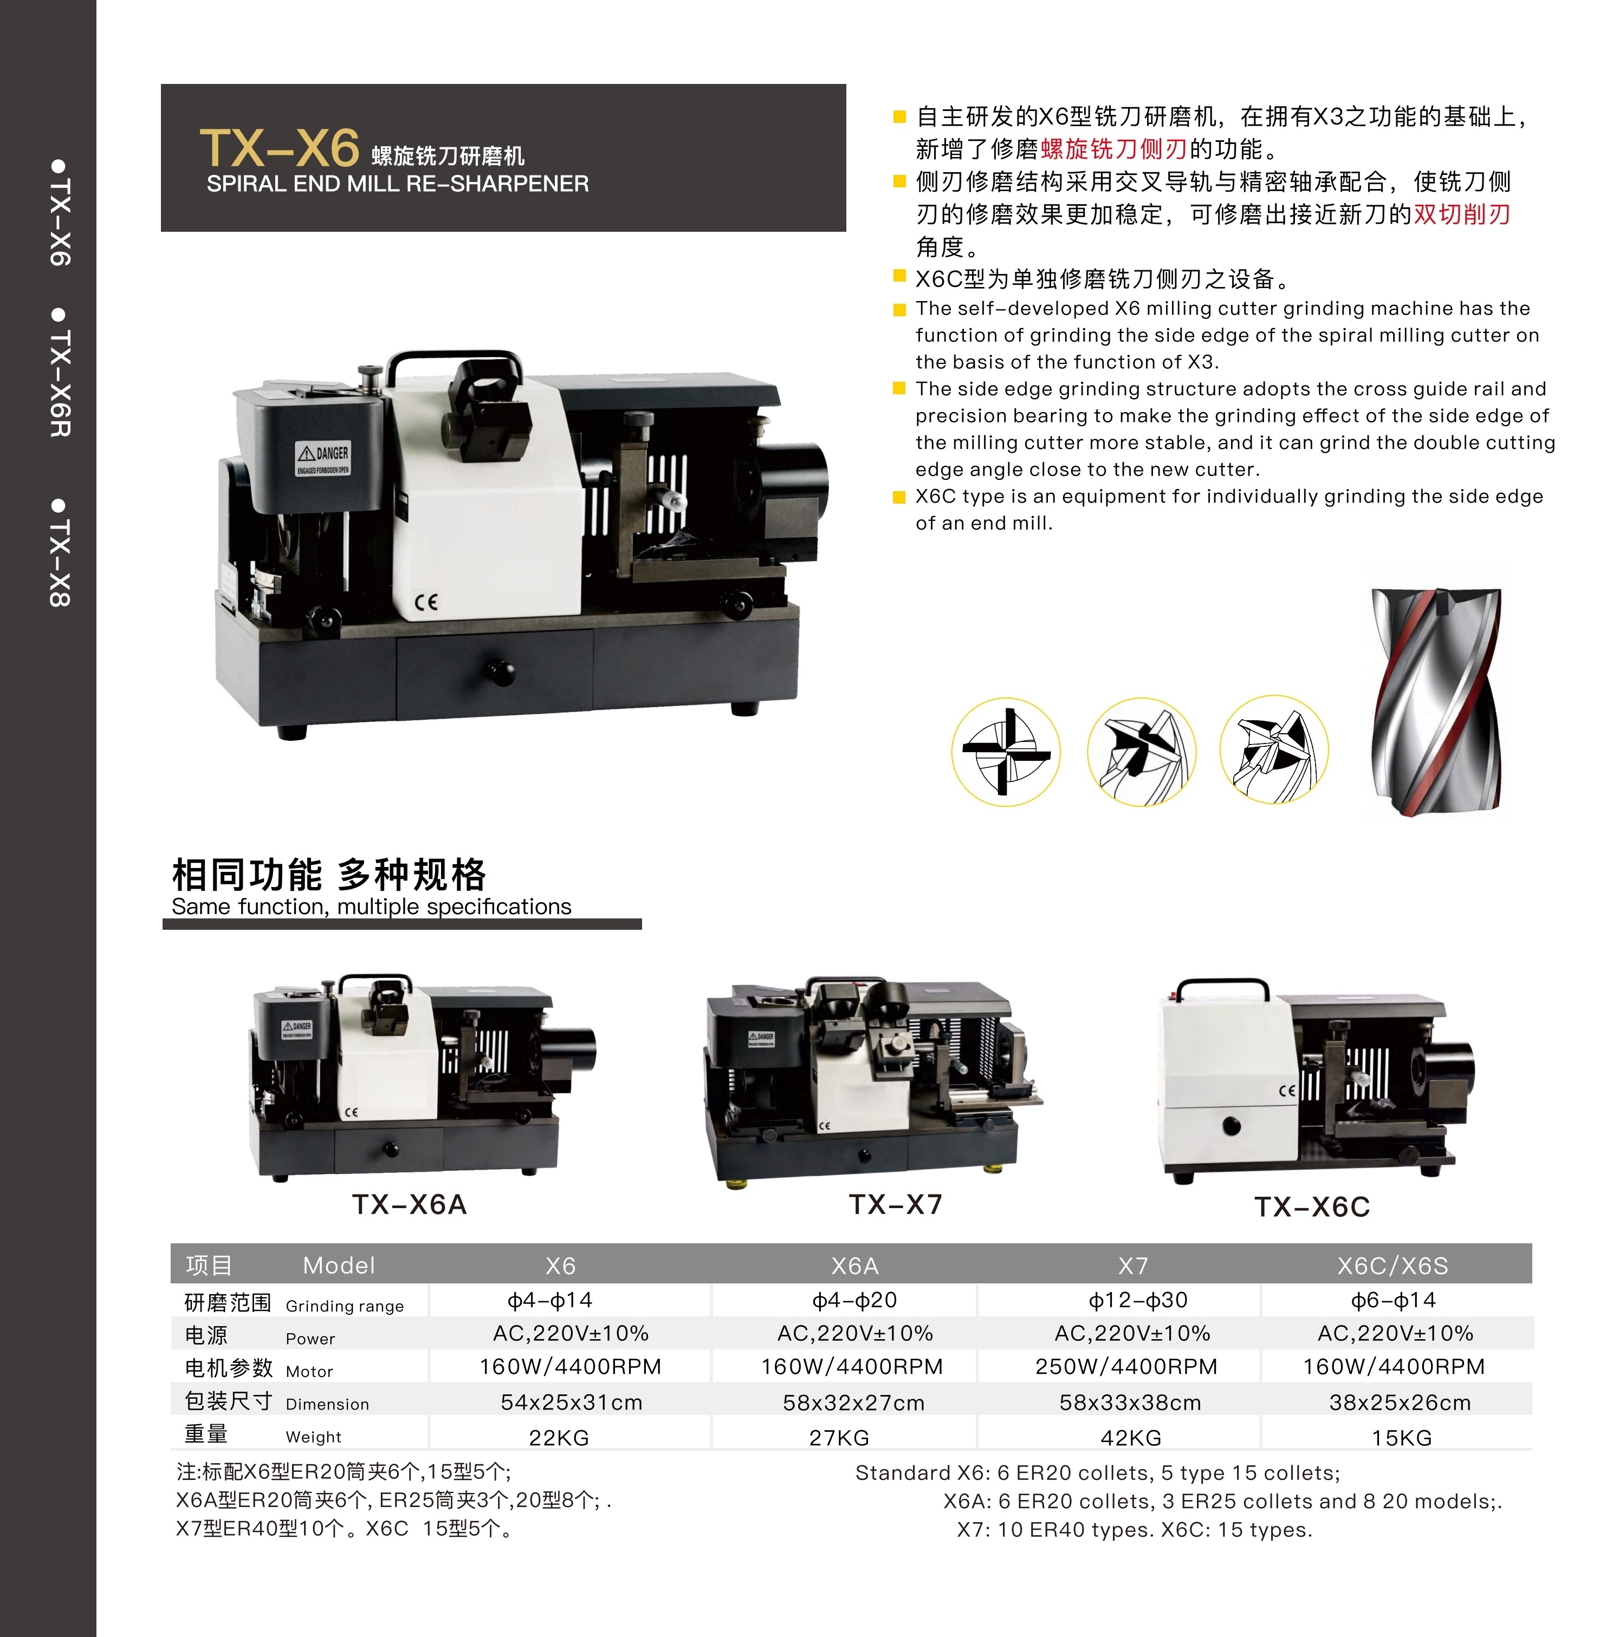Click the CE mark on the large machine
pos(426,603)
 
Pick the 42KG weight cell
pos(1131,1438)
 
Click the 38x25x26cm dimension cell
pos(1400,1403)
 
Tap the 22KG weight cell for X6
pos(559,1438)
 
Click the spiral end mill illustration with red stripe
pos(1435,702)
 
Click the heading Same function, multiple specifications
pos(371,906)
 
